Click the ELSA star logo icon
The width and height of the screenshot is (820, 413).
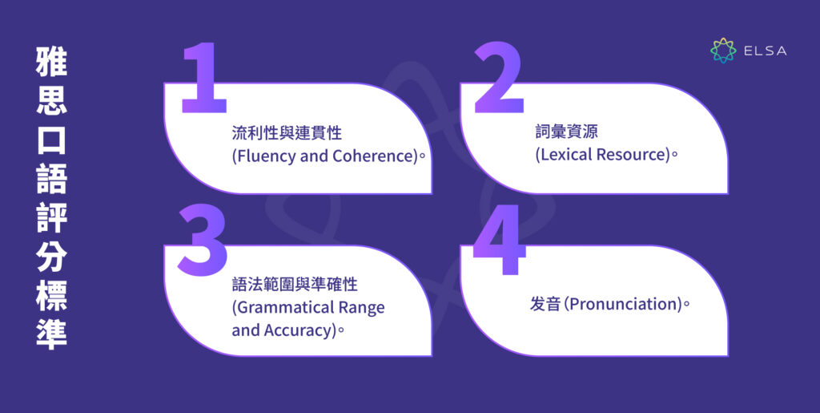coord(723,51)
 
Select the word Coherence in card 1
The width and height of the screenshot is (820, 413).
coord(375,156)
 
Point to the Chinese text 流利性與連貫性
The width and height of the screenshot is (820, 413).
coord(287,132)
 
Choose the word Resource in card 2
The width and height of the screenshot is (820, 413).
coord(632,156)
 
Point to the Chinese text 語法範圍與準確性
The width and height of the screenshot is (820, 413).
coord(294,285)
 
